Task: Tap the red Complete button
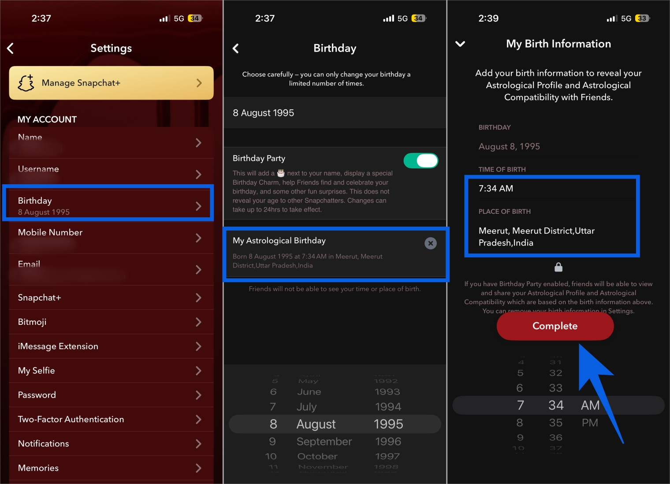(x=555, y=326)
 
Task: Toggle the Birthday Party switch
(x=421, y=161)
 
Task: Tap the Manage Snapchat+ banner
(x=111, y=83)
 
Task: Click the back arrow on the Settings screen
(x=11, y=48)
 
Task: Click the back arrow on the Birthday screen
(x=236, y=48)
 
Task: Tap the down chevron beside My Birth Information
(x=460, y=44)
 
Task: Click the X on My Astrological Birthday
(x=430, y=243)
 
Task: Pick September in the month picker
(x=324, y=442)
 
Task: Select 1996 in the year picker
(x=388, y=442)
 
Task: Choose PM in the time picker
(x=590, y=423)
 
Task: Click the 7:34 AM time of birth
(x=496, y=189)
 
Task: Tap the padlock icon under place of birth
(x=558, y=267)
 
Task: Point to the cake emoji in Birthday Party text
(x=281, y=173)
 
